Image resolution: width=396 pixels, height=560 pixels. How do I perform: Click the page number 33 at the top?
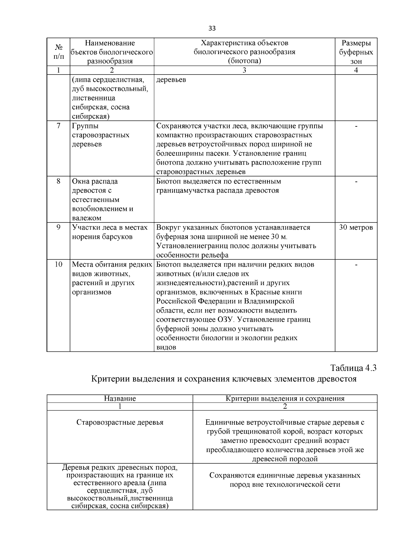click(x=212, y=28)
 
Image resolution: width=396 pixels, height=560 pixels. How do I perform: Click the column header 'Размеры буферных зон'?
click(x=356, y=52)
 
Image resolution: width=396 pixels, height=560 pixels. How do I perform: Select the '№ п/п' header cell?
click(x=58, y=52)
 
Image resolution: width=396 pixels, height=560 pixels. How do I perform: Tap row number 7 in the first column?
click(x=58, y=126)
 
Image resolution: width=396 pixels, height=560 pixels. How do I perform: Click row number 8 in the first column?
click(x=58, y=181)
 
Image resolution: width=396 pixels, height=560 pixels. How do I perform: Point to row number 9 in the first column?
click(x=58, y=227)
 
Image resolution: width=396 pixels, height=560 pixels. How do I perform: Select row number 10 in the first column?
click(x=58, y=264)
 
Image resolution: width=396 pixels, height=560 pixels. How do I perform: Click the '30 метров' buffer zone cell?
click(x=356, y=227)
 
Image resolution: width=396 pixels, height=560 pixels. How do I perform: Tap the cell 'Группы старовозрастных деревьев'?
click(x=101, y=135)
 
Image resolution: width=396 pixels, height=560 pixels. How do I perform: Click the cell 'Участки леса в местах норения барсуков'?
click(x=110, y=232)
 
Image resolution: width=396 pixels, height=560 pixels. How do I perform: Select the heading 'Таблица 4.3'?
click(x=353, y=368)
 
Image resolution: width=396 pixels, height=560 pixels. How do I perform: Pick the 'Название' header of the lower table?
click(x=120, y=398)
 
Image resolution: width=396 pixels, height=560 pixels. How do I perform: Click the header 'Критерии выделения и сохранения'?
click(x=285, y=398)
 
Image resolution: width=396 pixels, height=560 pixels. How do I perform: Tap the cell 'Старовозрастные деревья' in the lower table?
click(x=120, y=422)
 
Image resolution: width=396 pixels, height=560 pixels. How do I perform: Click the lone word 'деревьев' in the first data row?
click(x=171, y=80)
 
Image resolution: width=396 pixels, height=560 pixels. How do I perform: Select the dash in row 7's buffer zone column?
click(x=356, y=126)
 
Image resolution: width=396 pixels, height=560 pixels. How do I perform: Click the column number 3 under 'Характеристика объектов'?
click(x=244, y=70)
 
